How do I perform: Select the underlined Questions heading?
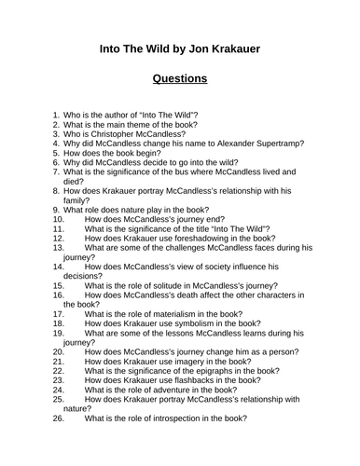click(x=180, y=78)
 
